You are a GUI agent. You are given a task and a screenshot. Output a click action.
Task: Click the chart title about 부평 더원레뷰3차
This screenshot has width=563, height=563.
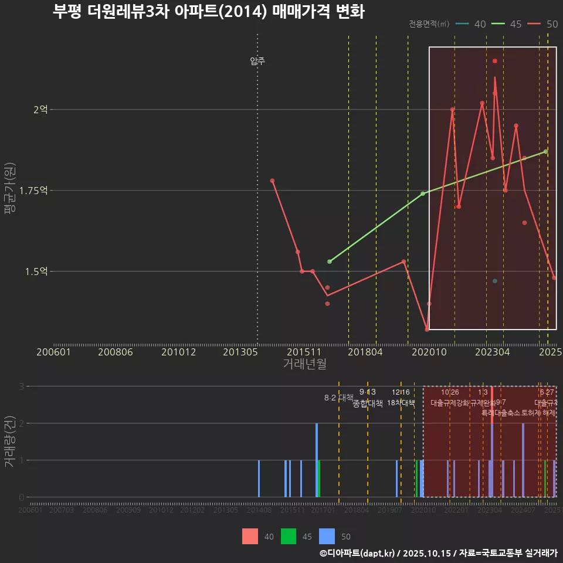point(208,12)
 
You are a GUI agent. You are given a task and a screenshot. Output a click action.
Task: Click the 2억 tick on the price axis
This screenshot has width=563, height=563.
point(40,110)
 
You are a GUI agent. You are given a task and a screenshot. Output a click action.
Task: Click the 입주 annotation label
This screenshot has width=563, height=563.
point(257,61)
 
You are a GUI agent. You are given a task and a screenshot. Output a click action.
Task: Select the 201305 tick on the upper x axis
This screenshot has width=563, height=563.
point(240,352)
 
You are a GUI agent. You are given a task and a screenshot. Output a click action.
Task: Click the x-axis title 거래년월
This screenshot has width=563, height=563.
point(304,364)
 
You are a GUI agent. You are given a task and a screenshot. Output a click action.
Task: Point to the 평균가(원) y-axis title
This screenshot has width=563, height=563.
point(9,190)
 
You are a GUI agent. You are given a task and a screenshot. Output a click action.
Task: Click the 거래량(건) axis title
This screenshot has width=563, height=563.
point(9,442)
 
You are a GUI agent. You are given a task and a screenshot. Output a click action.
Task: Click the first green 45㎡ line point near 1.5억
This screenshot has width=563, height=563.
point(330,262)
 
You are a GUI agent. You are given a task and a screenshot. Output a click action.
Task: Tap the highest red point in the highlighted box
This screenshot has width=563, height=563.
point(495,61)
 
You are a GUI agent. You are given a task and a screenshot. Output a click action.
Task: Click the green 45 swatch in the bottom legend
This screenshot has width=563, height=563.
point(289,537)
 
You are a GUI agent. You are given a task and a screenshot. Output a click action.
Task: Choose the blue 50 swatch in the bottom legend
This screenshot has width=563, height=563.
point(327,537)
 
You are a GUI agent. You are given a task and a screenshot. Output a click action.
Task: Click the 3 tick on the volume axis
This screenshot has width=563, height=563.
point(21,386)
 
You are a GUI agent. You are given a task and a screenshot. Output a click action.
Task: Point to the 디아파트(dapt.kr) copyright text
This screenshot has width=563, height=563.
point(358,553)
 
